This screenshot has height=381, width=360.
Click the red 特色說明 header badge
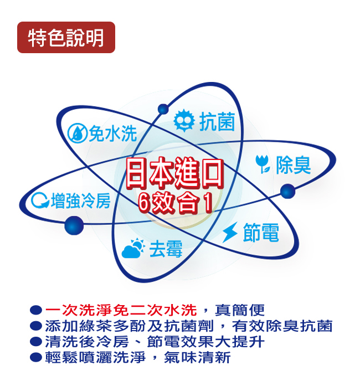(x=66, y=38)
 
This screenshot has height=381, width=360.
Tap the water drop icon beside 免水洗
(x=77, y=133)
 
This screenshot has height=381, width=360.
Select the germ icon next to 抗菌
(x=184, y=121)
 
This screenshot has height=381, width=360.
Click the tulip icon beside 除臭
(x=263, y=164)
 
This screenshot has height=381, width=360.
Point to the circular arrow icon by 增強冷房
(x=40, y=200)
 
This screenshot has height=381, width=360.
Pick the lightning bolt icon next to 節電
(x=230, y=232)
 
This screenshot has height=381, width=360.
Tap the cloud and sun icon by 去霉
(x=133, y=248)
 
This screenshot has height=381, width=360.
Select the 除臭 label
(x=294, y=164)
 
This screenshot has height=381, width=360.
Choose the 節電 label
(x=261, y=233)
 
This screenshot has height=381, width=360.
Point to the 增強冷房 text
(x=80, y=200)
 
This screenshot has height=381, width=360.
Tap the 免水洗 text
(x=112, y=133)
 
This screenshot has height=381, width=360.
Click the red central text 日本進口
(x=174, y=173)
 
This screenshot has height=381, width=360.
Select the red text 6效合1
(x=175, y=203)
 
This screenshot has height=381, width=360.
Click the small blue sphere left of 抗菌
(x=163, y=109)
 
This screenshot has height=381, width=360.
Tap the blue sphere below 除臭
(x=288, y=191)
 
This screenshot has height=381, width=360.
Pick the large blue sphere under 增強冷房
(x=74, y=225)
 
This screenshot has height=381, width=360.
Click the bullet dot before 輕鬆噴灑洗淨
(x=36, y=357)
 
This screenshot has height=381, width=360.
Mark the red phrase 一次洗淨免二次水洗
(x=121, y=310)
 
